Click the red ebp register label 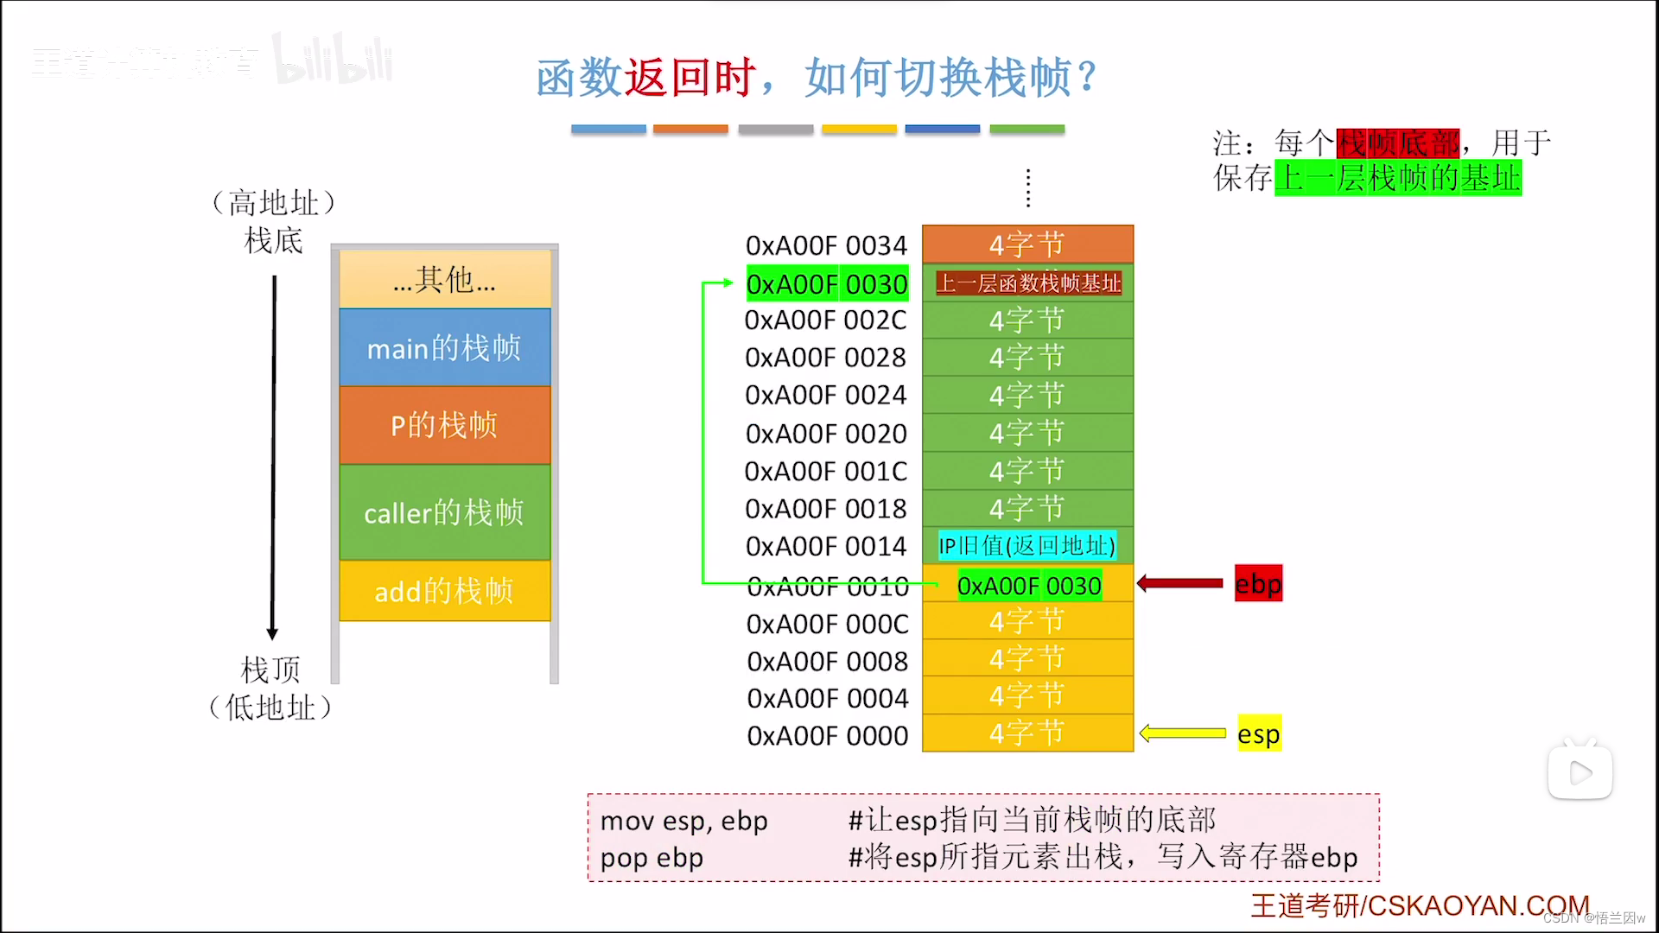(x=1258, y=584)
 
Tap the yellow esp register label (x=1258, y=734)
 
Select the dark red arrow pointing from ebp (x=1180, y=584)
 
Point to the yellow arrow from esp (x=1182, y=734)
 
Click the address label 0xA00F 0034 (x=826, y=246)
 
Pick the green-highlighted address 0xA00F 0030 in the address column (x=827, y=284)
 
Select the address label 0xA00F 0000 (x=828, y=736)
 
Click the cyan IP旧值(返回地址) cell (x=1027, y=546)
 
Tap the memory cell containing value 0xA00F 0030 (x=1028, y=586)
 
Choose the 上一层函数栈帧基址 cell (x=1028, y=283)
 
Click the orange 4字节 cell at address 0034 (x=1027, y=245)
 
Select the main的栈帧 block (x=444, y=348)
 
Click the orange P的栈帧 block (x=444, y=425)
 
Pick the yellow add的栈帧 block (x=444, y=592)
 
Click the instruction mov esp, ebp (x=683, y=821)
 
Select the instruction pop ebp (x=652, y=858)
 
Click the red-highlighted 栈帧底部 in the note (x=1397, y=143)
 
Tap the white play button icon (x=1580, y=772)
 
